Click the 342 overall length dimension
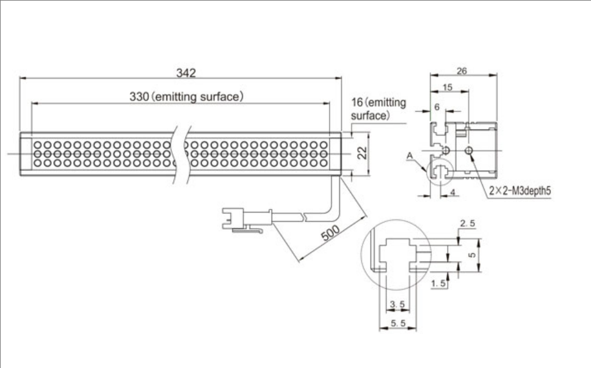click(x=186, y=73)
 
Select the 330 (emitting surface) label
click(x=187, y=97)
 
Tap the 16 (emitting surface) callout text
click(x=379, y=109)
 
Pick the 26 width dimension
click(x=462, y=71)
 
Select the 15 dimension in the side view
click(x=447, y=87)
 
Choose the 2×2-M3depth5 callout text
click(x=520, y=190)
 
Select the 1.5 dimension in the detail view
click(x=438, y=283)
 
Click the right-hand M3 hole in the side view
click(x=469, y=150)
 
